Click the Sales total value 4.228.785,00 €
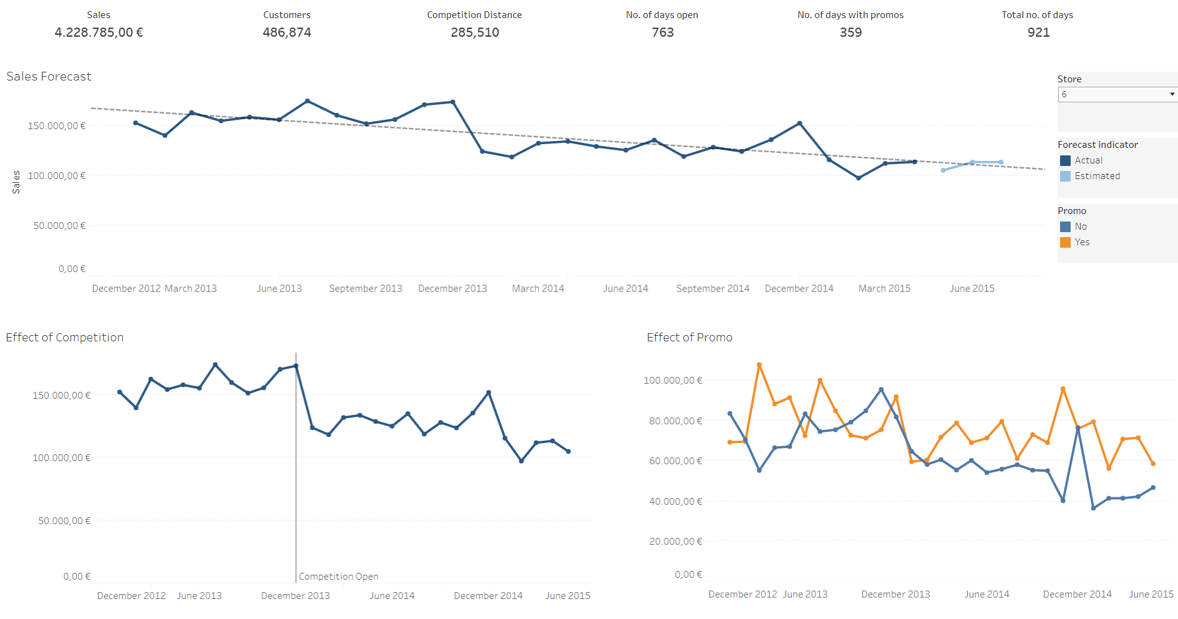click(99, 32)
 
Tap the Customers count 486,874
click(286, 32)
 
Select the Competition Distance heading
click(474, 15)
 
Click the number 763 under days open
click(663, 32)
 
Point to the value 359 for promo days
click(850, 32)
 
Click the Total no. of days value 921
click(1038, 32)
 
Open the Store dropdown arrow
click(1172, 94)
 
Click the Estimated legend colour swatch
click(1065, 176)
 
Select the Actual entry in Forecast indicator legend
click(1088, 160)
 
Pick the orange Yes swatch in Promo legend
click(1065, 242)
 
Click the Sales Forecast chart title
click(49, 76)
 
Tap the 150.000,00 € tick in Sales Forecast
click(56, 126)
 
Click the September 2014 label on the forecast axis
click(713, 288)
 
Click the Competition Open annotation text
click(338, 577)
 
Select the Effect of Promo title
click(689, 338)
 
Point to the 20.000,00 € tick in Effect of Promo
click(675, 541)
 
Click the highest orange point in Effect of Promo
click(759, 364)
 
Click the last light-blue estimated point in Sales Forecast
click(1001, 162)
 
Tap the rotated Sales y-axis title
click(16, 182)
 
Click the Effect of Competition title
click(65, 338)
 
